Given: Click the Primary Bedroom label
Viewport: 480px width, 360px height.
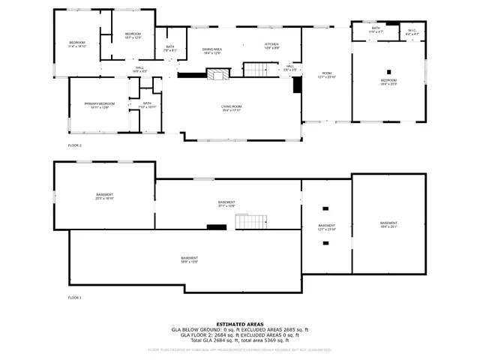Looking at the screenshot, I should click(x=100, y=105).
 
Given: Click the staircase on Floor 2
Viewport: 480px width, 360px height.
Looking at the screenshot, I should click(x=257, y=70).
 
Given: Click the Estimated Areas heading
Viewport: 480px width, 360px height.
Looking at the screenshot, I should click(x=239, y=324).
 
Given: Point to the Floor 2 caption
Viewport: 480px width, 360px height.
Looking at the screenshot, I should click(x=74, y=145).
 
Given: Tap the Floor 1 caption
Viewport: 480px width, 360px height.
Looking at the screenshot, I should click(x=74, y=298).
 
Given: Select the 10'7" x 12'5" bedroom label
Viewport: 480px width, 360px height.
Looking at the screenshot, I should click(x=133, y=35).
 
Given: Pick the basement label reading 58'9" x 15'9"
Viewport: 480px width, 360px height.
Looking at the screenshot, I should click(x=188, y=259).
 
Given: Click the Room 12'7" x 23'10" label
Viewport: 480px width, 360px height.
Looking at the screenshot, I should click(x=325, y=75).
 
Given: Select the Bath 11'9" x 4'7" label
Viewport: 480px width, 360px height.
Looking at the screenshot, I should click(x=376, y=31).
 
